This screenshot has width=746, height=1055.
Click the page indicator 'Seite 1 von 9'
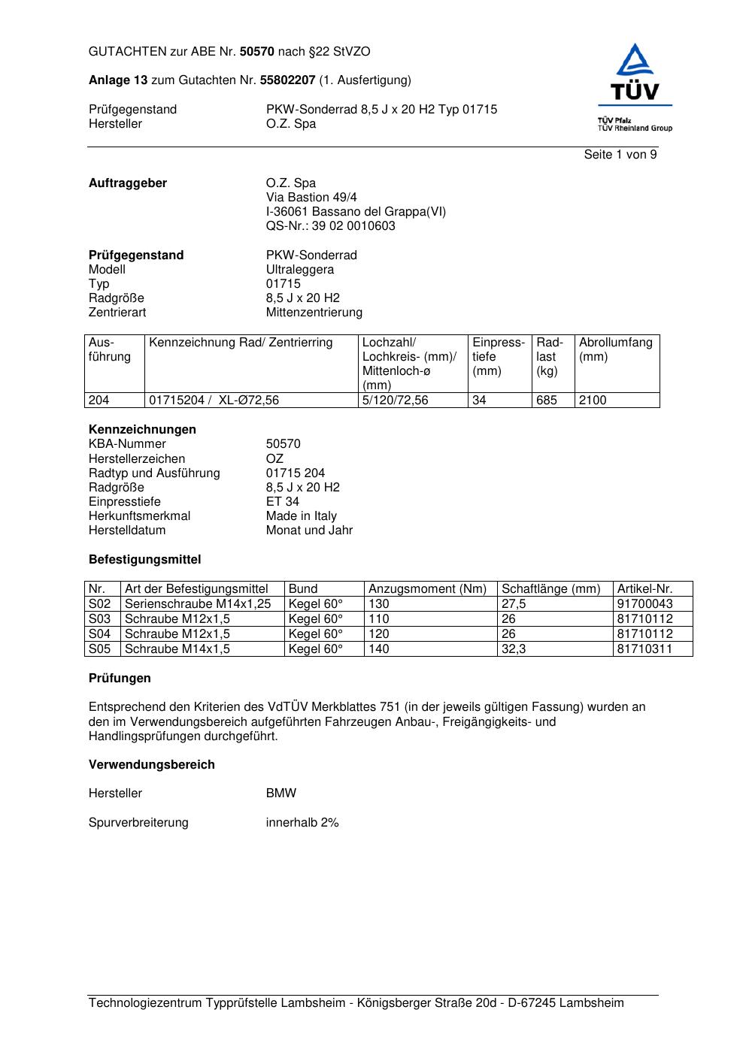click(620, 155)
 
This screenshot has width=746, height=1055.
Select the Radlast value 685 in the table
click(547, 401)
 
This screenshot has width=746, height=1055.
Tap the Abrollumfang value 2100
click(593, 401)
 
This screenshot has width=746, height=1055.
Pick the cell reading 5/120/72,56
click(395, 401)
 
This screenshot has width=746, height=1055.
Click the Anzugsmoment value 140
click(379, 649)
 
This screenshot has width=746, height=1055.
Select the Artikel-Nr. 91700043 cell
click(644, 604)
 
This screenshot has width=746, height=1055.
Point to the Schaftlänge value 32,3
click(514, 649)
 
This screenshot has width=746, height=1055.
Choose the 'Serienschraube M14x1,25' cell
click(198, 604)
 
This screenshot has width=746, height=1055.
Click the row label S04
click(100, 634)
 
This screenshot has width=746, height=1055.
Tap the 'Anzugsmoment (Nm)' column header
click(427, 589)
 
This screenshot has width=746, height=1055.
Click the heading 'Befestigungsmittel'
click(144, 560)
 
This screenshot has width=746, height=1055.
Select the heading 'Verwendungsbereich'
click(151, 765)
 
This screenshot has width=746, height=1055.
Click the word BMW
click(281, 794)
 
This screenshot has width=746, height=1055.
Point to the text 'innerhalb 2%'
click(302, 823)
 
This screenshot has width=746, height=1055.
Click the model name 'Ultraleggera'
click(299, 270)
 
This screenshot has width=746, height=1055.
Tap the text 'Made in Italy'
click(301, 516)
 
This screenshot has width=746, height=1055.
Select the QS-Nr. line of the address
click(330, 226)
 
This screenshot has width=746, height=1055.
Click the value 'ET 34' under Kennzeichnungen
click(282, 502)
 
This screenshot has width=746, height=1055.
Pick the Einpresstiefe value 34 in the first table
click(479, 401)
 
